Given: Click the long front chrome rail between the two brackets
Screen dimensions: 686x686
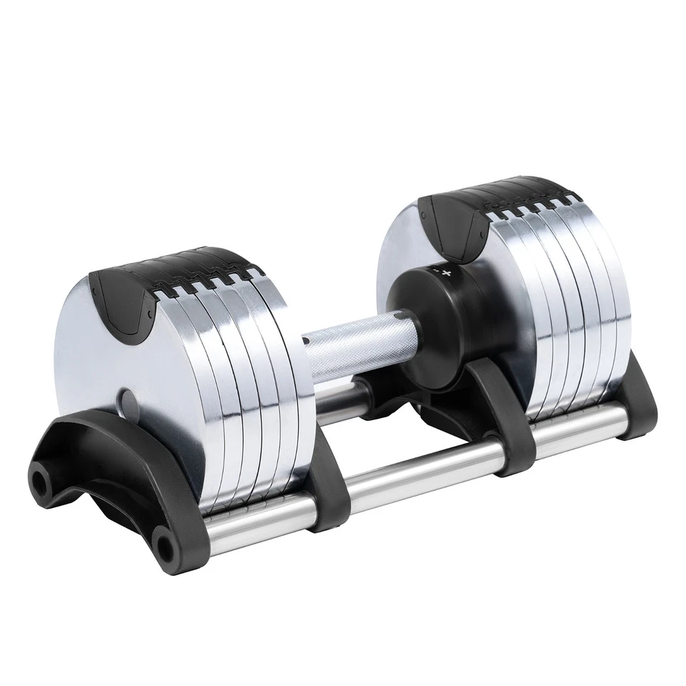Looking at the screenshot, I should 422,472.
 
